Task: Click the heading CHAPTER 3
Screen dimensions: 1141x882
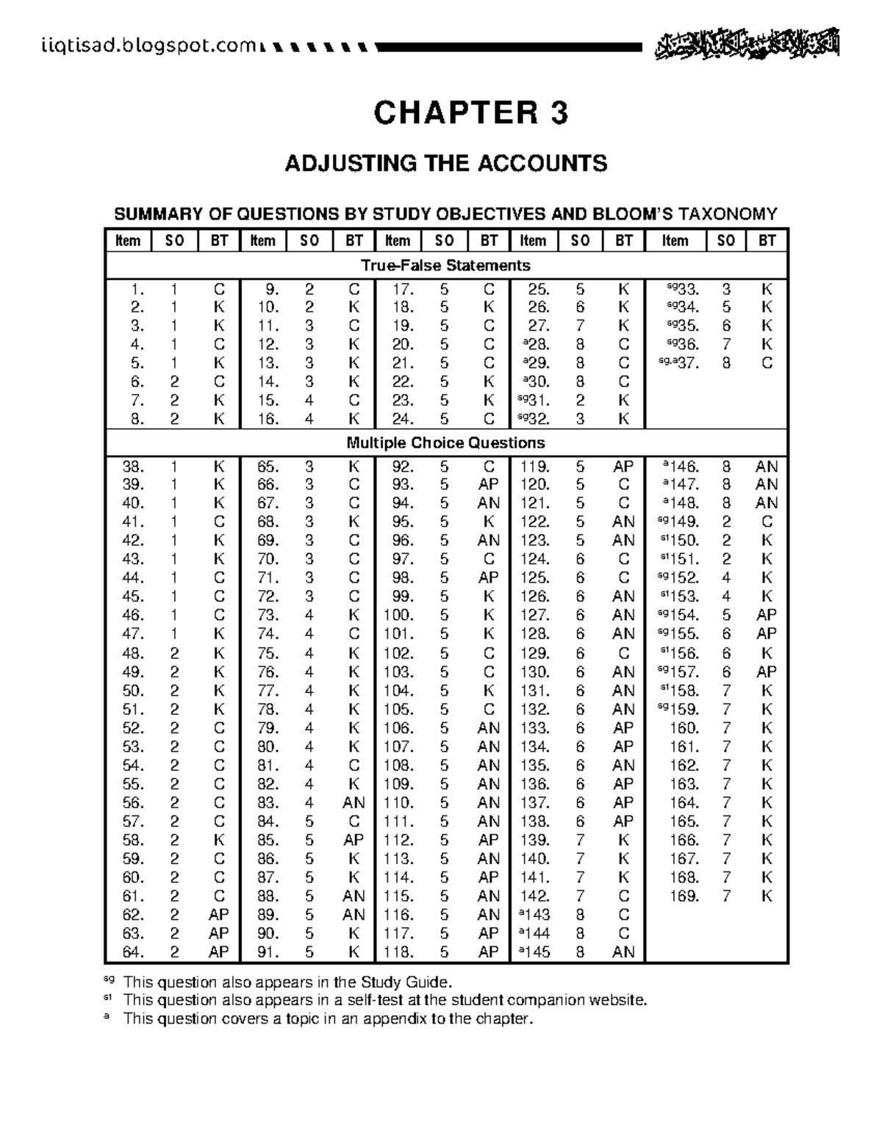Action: pos(470,113)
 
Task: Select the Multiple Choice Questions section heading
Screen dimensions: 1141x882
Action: pos(445,443)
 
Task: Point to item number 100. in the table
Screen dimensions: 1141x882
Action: pos(397,615)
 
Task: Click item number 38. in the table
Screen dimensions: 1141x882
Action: pos(133,466)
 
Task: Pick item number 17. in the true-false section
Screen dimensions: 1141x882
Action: pos(401,289)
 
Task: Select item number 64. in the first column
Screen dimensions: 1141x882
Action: pos(133,952)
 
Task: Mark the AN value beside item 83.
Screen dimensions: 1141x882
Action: pos(354,803)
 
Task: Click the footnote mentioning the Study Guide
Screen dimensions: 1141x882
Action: pos(287,982)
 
